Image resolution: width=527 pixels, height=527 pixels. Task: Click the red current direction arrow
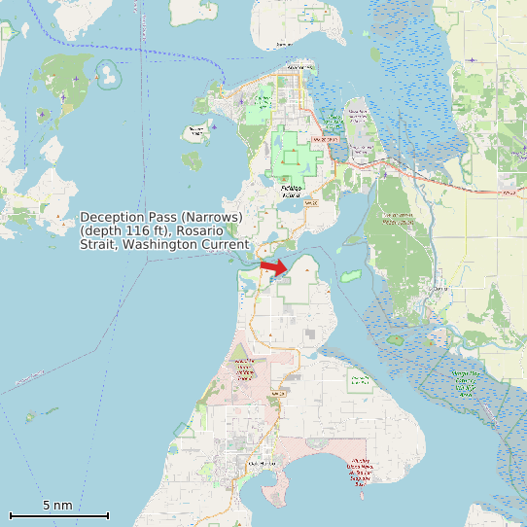click(274, 266)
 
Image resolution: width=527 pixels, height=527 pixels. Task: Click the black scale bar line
click(58, 515)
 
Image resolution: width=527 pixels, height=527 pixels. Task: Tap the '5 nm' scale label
click(57, 506)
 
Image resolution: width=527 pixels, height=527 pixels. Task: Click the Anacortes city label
click(300, 67)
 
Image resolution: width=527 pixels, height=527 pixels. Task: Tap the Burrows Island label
click(197, 130)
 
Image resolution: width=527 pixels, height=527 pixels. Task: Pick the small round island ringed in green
click(109, 71)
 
